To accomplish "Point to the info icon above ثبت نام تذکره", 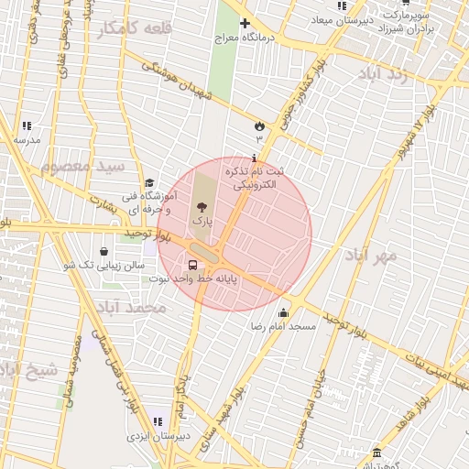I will (x=255, y=158).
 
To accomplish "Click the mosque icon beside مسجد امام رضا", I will (x=283, y=312).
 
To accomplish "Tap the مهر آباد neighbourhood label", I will (x=373, y=255).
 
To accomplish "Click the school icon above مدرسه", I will (x=27, y=125).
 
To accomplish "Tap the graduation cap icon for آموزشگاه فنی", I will (x=149, y=183).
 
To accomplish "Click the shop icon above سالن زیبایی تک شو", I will (x=103, y=251).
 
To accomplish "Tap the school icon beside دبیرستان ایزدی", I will (x=158, y=421).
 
